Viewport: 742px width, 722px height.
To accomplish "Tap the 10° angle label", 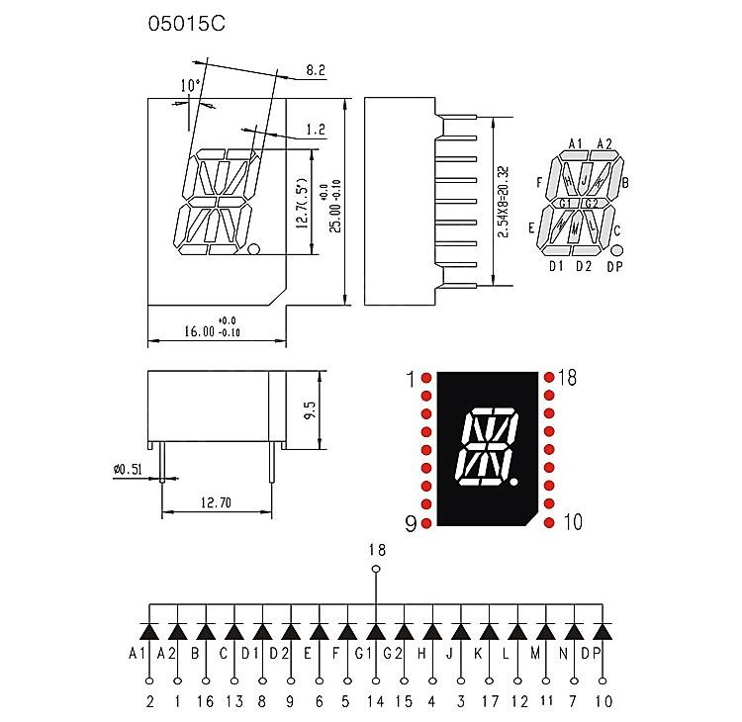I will coord(190,85).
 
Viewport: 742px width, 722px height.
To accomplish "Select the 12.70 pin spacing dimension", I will coord(216,502).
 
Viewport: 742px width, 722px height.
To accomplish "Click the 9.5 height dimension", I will coord(311,410).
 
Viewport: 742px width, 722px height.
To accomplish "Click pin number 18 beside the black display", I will coord(568,377).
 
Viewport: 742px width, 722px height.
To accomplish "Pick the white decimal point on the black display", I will coord(513,482).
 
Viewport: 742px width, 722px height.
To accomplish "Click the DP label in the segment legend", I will coord(614,266).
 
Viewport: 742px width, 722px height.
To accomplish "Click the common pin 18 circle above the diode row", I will coord(375,570).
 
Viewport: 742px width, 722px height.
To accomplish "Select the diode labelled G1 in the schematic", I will coord(375,631).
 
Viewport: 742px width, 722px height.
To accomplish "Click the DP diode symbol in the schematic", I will coord(602,631).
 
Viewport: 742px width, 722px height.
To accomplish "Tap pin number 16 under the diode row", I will coord(205,701).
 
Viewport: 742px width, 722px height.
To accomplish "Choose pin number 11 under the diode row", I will coord(545,701).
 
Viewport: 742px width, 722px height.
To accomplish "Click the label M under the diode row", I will coord(545,654).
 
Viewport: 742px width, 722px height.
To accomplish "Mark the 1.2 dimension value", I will coord(317,130).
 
